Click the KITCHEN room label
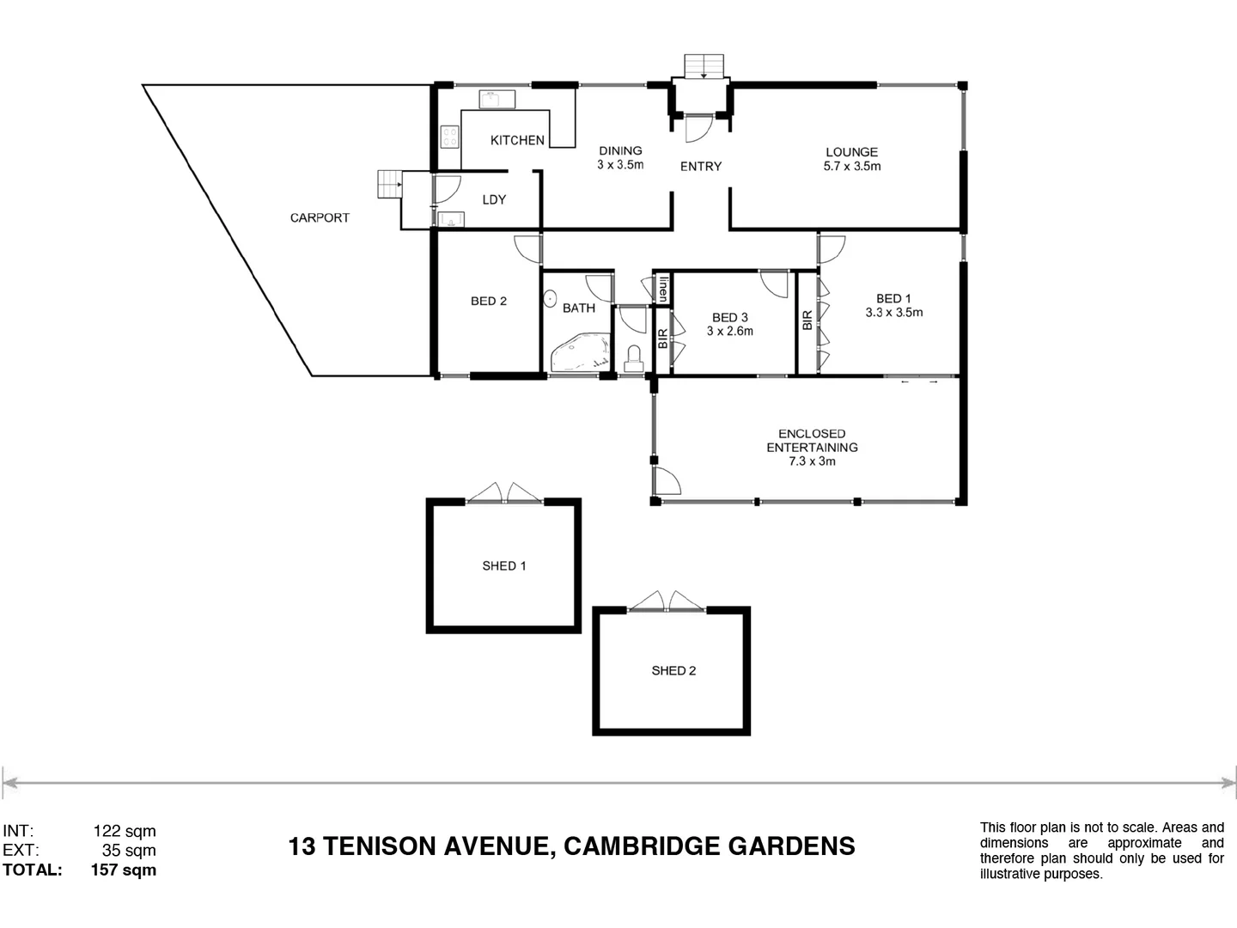pos(517,140)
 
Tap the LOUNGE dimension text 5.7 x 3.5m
pos(851,167)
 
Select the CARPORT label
pos(320,218)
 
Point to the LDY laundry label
pos(494,199)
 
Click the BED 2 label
pos(488,301)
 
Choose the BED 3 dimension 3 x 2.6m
pos(729,331)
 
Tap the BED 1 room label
pos(893,298)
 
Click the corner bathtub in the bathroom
pos(580,355)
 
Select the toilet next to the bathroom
pos(634,357)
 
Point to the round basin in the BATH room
pos(550,299)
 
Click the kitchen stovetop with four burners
pos(449,137)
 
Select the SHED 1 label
pos(504,565)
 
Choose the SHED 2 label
pos(673,670)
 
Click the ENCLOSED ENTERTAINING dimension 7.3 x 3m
pos(812,461)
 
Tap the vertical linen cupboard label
pos(662,287)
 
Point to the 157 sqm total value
pos(124,870)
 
